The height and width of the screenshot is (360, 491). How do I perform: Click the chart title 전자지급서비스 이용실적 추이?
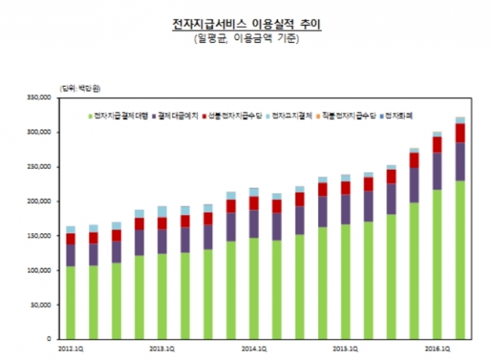click(x=246, y=24)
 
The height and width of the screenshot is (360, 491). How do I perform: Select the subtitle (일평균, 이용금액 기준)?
click(x=246, y=38)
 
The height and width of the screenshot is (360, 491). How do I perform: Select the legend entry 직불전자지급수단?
click(x=344, y=115)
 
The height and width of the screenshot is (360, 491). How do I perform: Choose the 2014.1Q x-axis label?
click(x=254, y=349)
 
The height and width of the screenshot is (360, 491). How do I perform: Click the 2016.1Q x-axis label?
click(x=437, y=349)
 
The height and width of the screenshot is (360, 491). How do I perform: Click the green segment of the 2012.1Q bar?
click(x=70, y=302)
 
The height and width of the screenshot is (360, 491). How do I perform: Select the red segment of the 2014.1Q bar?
click(x=254, y=202)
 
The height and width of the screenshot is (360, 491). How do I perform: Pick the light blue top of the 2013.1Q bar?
click(x=162, y=211)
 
